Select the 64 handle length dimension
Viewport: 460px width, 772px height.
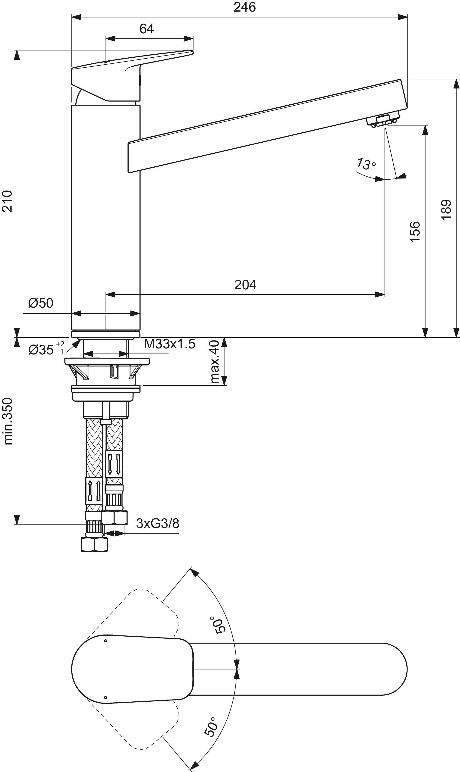tap(146, 29)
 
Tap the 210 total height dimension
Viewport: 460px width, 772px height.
tap(7, 201)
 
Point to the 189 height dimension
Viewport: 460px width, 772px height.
tap(446, 210)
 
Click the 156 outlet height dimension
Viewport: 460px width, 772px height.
tap(415, 232)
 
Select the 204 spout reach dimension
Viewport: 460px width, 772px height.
tap(245, 285)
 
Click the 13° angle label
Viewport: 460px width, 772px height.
tap(366, 163)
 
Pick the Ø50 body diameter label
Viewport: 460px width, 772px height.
tap(41, 303)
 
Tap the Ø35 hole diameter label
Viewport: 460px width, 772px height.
tap(46, 350)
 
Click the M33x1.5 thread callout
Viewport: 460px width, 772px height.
tap(170, 344)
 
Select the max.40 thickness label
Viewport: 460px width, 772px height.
tap(214, 361)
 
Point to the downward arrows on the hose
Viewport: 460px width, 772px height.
tap(114, 464)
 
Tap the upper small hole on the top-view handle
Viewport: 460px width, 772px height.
tap(105, 641)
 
